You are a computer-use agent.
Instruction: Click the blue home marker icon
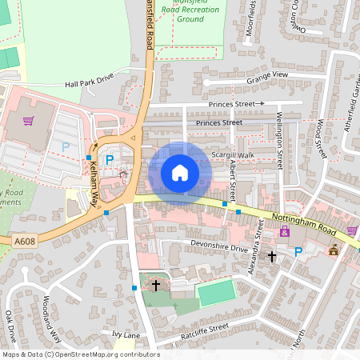(180, 174)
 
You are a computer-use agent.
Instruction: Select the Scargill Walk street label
(232, 154)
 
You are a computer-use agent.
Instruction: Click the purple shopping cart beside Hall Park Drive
(29, 121)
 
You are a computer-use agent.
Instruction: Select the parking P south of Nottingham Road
(298, 252)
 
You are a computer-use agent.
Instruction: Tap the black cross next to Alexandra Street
(272, 257)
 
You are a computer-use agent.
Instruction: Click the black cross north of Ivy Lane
(156, 284)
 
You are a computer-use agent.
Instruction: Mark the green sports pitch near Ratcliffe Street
(216, 293)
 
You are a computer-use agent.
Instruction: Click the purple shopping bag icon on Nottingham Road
(284, 232)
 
